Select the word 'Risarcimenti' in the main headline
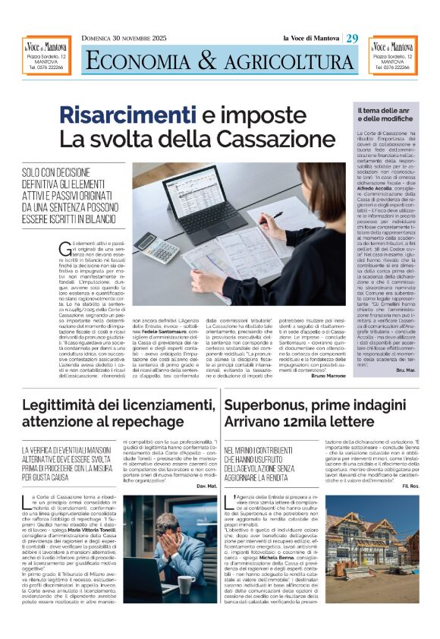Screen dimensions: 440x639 [x=127, y=116]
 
